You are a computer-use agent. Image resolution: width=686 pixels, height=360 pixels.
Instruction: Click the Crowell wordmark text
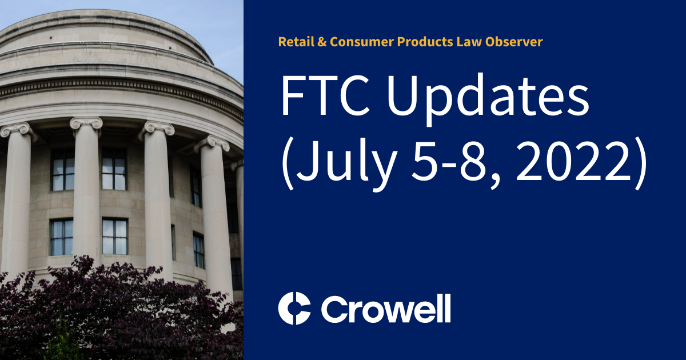pyautogui.click(x=385, y=309)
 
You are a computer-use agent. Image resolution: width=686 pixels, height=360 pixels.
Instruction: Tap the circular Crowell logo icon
pyautogui.click(x=294, y=309)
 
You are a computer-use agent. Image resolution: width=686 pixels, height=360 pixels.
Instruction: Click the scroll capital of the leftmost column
pyautogui.click(x=15, y=131)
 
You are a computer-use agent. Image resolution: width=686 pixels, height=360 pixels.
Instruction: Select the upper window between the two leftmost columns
pyautogui.click(x=62, y=170)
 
